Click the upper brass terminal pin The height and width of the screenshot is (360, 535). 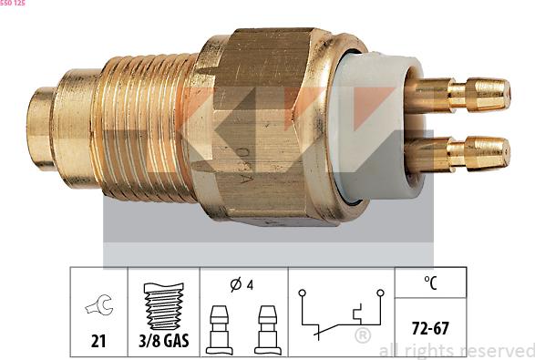point(458,95)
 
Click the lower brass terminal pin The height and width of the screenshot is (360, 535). point(458,154)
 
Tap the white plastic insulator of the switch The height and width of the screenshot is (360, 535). point(376,128)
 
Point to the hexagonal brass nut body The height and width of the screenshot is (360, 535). point(262,127)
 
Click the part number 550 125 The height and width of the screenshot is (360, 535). point(13,3)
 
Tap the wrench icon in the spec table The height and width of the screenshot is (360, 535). point(99,304)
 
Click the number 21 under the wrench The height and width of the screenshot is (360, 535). point(98,340)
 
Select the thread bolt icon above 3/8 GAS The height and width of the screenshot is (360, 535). point(164,306)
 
